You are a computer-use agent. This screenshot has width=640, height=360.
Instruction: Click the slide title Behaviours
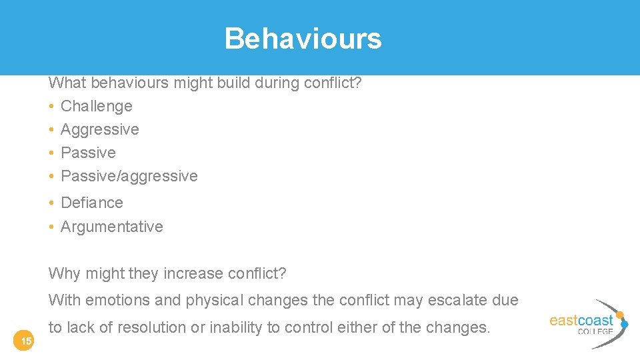pyautogui.click(x=303, y=39)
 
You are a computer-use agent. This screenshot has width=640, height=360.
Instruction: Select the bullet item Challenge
pyautogui.click(x=96, y=106)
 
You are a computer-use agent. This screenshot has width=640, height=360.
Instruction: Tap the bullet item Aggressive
pyautogui.click(x=99, y=129)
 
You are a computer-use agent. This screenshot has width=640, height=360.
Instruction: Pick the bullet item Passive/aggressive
pyautogui.click(x=129, y=176)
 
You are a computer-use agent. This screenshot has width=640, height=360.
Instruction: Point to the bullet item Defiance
pyautogui.click(x=91, y=203)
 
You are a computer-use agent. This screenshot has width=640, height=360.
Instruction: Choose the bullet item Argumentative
pyautogui.click(x=111, y=227)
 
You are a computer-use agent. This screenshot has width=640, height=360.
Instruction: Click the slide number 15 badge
pyautogui.click(x=26, y=341)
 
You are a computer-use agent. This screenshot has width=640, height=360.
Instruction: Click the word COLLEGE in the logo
pyautogui.click(x=595, y=331)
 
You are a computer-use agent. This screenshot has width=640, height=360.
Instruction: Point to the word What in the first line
pyautogui.click(x=67, y=83)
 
